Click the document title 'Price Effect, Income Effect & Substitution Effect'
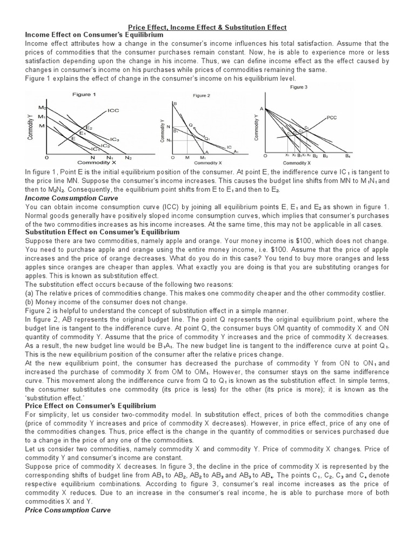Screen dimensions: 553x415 click(207, 27)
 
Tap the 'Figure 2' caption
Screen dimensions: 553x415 click(202, 96)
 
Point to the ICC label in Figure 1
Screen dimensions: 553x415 click(113, 110)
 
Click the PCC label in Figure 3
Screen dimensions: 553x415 click(332, 117)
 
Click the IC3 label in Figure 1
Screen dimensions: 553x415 click(114, 140)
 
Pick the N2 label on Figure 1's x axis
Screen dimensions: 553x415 click(128, 158)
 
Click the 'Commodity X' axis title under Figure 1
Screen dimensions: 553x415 click(90, 163)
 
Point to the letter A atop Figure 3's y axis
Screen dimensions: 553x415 click(262, 109)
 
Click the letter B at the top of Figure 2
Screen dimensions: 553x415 click(175, 103)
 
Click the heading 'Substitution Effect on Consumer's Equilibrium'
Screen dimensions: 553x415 click(102, 232)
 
